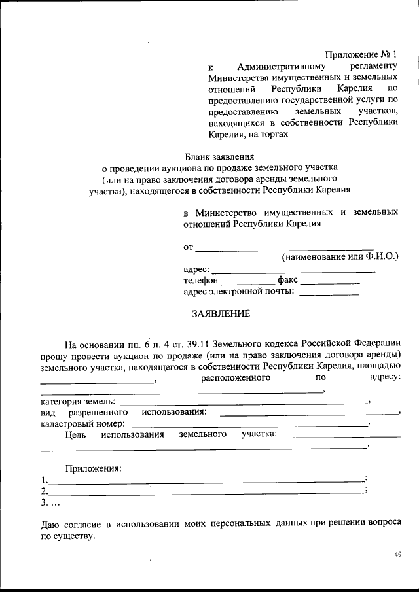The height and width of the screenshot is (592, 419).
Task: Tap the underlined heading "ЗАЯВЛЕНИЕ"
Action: click(x=221, y=313)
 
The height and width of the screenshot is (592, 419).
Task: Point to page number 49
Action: click(x=397, y=555)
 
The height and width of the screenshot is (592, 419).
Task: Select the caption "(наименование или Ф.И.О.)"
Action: click(x=340, y=258)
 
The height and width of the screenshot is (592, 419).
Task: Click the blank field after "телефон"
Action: click(x=244, y=281)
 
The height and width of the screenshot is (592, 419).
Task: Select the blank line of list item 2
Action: click(x=206, y=491)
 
